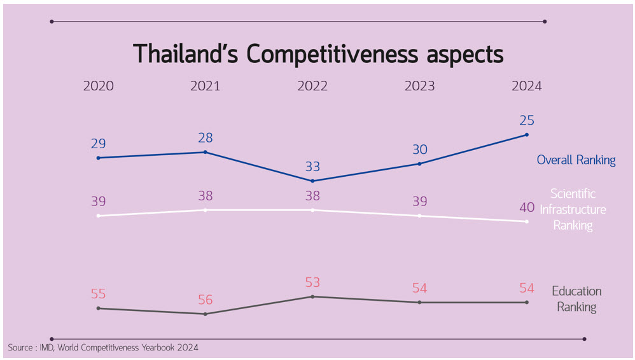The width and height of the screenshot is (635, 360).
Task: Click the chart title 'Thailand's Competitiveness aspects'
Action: point(318,54)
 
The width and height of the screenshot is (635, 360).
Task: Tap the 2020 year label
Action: point(99,86)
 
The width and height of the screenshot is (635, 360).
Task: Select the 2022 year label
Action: point(312,86)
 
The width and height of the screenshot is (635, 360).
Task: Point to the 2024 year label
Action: point(526,86)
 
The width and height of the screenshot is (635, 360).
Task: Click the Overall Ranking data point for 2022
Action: point(312,181)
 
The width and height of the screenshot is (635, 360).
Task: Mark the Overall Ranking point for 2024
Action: point(526,134)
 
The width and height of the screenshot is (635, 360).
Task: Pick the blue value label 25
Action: point(527,120)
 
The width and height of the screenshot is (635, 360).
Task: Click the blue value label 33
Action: point(312,167)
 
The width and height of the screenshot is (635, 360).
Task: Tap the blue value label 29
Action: point(99,143)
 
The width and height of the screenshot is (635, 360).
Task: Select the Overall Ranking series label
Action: point(576,160)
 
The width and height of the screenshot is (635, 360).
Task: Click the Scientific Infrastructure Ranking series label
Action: point(573,209)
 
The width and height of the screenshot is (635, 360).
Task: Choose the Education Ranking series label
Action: point(576,299)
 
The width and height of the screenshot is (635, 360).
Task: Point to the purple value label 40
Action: point(527,207)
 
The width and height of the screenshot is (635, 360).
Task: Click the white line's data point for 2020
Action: point(99,216)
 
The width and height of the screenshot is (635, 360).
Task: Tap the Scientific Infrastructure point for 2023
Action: point(419,216)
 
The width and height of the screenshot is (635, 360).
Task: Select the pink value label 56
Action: point(206,300)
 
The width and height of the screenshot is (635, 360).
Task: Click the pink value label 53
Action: point(312,282)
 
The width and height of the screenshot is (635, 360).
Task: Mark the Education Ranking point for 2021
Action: point(206,314)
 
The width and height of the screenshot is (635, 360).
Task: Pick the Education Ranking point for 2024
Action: point(526,302)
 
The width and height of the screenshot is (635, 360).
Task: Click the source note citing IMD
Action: point(103,347)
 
